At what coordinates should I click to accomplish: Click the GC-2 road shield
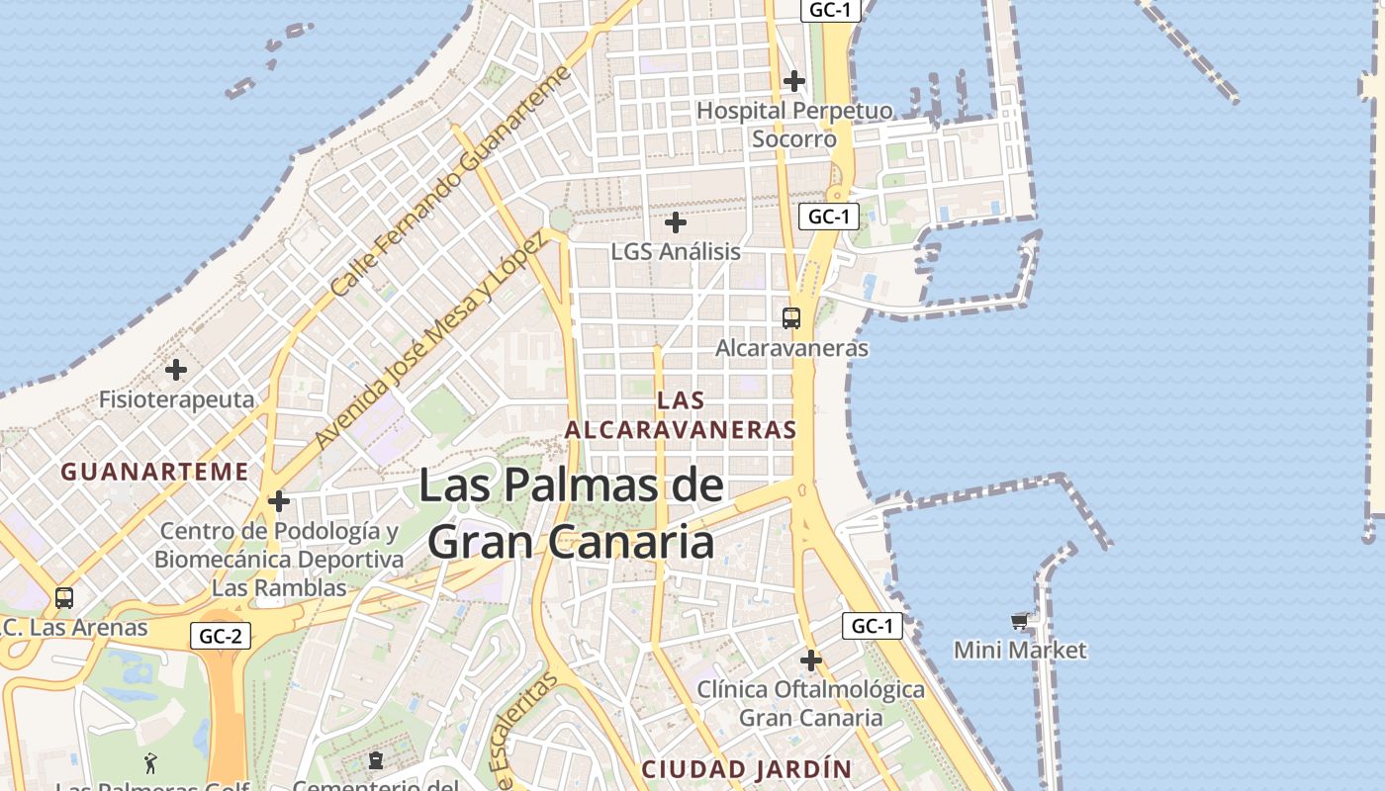pyautogui.click(x=220, y=636)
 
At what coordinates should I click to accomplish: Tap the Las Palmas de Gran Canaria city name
pyautogui.click(x=571, y=514)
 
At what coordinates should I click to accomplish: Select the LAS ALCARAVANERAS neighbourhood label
pyautogui.click(x=680, y=415)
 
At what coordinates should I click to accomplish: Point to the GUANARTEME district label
pyautogui.click(x=154, y=472)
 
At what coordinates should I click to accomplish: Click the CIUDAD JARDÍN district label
pyautogui.click(x=746, y=769)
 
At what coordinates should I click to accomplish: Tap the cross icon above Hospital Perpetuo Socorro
pyautogui.click(x=793, y=81)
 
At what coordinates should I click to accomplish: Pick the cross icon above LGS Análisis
pyautogui.click(x=676, y=222)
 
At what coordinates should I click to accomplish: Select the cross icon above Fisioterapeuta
pyautogui.click(x=176, y=371)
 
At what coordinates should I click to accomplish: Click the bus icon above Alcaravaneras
pyautogui.click(x=790, y=318)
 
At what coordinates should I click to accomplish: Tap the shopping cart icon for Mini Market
pyautogui.click(x=1020, y=621)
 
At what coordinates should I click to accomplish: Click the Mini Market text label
pyautogui.click(x=1020, y=650)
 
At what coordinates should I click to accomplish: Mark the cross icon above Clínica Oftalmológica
pyautogui.click(x=811, y=659)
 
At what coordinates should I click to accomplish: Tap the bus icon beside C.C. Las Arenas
pyautogui.click(x=64, y=598)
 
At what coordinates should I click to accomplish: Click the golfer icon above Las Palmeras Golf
pyautogui.click(x=150, y=762)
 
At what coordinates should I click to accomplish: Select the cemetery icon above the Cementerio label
pyautogui.click(x=375, y=760)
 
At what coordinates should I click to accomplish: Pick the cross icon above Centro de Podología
pyautogui.click(x=279, y=501)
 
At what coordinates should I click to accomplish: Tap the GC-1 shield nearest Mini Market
pyautogui.click(x=873, y=626)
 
